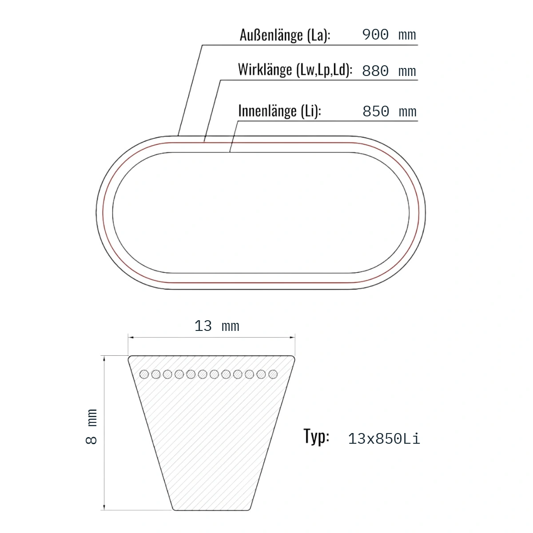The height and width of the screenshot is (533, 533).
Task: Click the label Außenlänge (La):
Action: point(285,36)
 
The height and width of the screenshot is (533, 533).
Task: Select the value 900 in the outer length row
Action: point(375,35)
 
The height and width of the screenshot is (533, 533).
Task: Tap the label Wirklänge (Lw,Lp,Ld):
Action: point(295,70)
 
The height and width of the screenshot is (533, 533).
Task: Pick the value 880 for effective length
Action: point(375,71)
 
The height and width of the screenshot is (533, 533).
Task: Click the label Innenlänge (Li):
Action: point(280,111)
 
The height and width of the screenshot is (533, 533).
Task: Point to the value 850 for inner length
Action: point(376,111)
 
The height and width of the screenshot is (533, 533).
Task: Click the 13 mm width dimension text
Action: point(217,326)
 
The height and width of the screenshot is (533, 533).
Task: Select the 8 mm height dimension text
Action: point(91,426)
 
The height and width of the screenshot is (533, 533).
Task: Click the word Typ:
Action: point(316,437)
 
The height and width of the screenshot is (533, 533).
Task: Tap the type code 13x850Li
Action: point(384,439)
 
